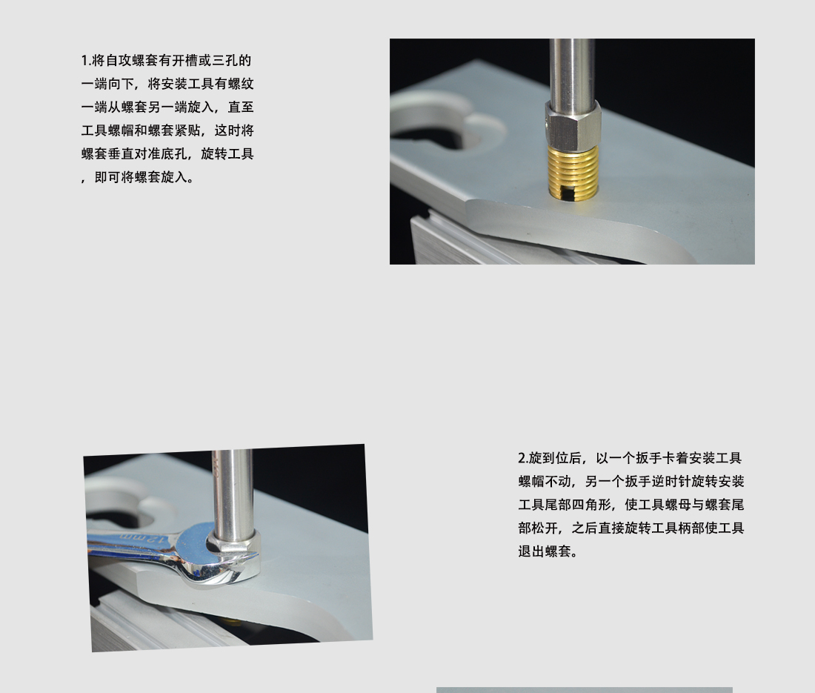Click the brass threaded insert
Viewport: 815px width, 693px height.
[573, 172]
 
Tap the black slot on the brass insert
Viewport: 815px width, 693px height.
[567, 193]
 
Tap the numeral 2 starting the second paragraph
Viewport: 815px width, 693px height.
[522, 458]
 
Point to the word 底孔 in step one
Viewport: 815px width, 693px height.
[173, 154]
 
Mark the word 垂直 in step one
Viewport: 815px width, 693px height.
[120, 154]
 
